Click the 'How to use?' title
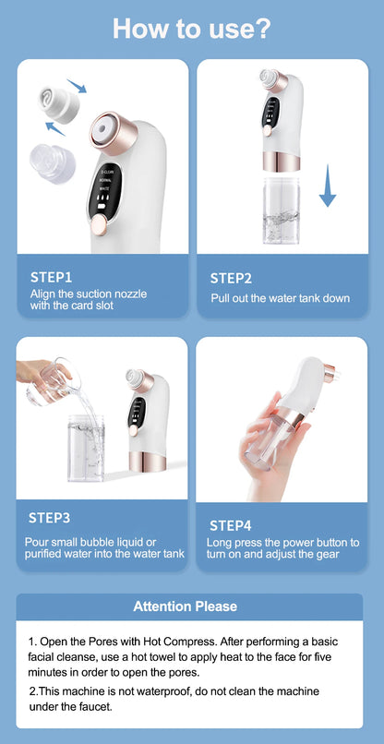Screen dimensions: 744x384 [x=191, y=28]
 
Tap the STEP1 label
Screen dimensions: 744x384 [x=51, y=276]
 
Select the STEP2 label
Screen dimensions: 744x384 [x=231, y=277]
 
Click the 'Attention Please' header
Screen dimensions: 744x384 [x=186, y=606]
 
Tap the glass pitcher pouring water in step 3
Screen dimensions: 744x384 [x=49, y=378]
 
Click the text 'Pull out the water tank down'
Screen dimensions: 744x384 [x=280, y=298]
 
